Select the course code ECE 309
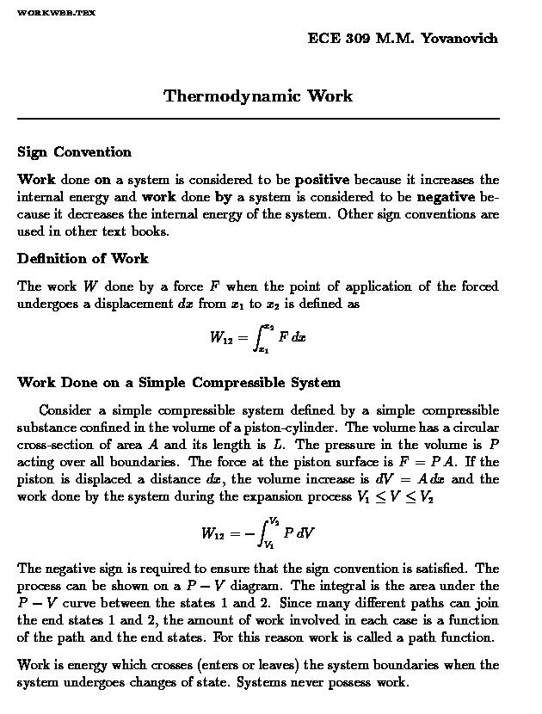click(x=338, y=39)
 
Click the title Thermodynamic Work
click(x=258, y=95)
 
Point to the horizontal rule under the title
click(x=258, y=118)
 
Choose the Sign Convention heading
click(x=74, y=152)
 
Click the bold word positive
click(x=322, y=180)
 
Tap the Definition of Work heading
click(x=83, y=258)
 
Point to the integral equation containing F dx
click(x=257, y=337)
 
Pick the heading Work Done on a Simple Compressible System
click(x=179, y=382)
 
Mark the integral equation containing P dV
click(x=258, y=532)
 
